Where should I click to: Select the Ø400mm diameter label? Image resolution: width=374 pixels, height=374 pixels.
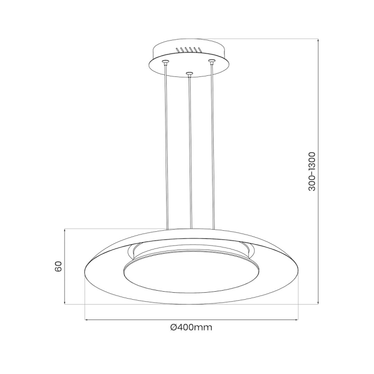pos(191,327)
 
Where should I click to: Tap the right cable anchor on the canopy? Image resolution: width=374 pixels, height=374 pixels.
pos(212,62)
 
